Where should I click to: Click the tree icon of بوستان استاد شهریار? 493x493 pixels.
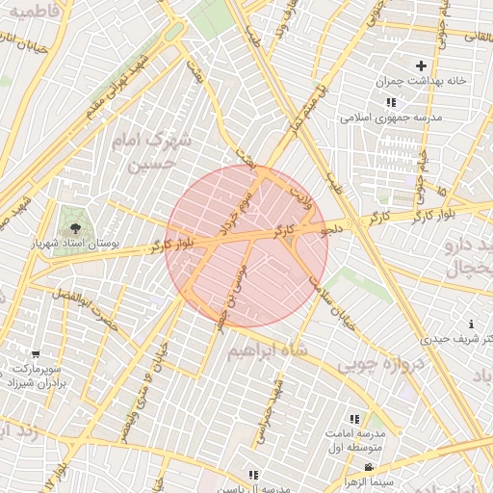pos(73,227)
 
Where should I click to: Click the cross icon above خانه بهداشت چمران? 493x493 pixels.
pos(421,65)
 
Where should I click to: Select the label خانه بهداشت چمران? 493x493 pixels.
pos(421,81)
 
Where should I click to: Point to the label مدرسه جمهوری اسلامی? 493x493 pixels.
pos(390,117)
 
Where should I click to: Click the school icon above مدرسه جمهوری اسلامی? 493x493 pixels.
pos(390,102)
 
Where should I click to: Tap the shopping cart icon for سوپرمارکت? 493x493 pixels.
pos(36,354)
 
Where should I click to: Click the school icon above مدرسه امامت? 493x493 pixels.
pos(354,420)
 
